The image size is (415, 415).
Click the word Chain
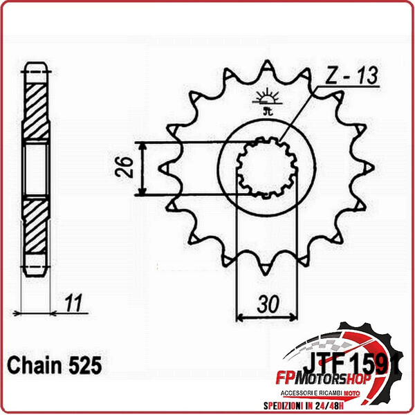30,364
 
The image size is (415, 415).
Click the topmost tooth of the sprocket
265,68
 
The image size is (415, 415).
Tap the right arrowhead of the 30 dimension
290,317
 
